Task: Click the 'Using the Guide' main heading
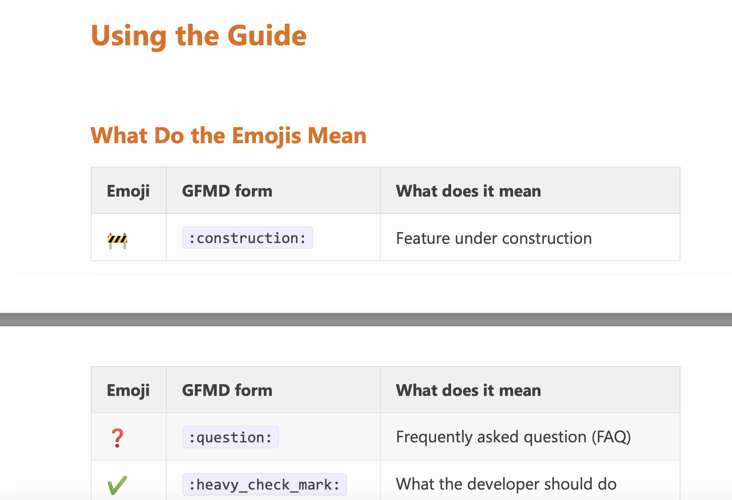coord(199,36)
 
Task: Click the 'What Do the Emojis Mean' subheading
coord(229,136)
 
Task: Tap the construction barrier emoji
coord(117,241)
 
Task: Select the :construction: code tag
coord(247,238)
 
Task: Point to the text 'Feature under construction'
coord(494,238)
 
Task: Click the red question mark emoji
coord(117,438)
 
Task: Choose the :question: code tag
coord(230,437)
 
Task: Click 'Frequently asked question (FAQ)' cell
coord(514,437)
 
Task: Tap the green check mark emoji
coord(117,485)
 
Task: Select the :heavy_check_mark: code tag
coord(265,485)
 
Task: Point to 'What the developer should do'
coord(506,484)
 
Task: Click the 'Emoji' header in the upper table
coord(128,191)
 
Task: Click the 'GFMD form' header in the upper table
coord(227,191)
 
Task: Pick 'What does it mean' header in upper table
coord(468,191)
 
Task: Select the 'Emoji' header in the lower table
coord(128,390)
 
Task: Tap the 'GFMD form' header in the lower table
coord(227,390)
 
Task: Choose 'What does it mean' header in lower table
coord(468,390)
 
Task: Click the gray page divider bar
coord(366,320)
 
